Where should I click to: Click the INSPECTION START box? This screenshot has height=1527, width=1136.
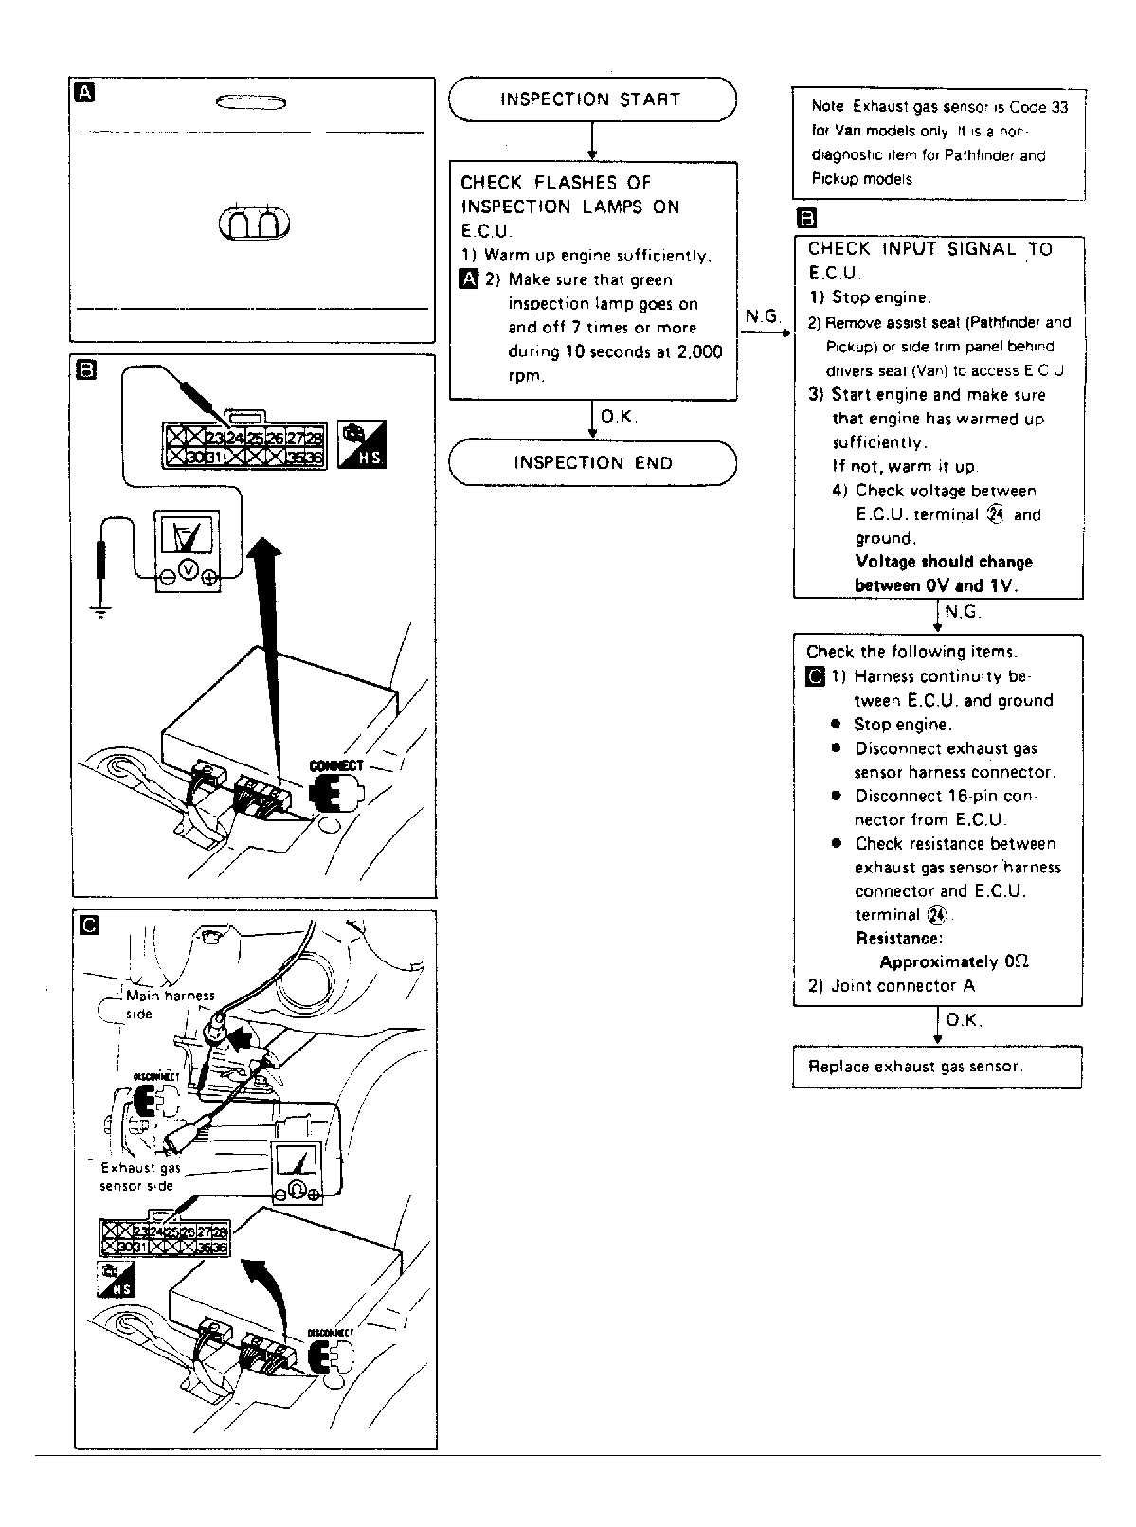(x=591, y=99)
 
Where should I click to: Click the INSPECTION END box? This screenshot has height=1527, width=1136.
(x=592, y=463)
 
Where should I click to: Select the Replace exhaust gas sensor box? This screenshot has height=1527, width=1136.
(x=936, y=1067)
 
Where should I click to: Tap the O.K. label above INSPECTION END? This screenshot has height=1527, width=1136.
(x=620, y=417)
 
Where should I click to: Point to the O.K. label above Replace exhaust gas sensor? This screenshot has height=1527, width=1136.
(x=964, y=1020)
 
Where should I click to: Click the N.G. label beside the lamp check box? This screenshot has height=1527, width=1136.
(x=763, y=316)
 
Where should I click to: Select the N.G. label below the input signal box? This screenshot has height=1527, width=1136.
(x=963, y=612)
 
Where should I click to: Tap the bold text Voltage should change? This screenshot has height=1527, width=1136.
(x=943, y=562)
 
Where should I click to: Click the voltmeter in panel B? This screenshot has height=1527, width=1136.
(x=188, y=550)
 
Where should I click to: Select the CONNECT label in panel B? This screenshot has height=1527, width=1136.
(x=336, y=765)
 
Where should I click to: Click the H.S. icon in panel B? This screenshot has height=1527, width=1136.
(x=362, y=444)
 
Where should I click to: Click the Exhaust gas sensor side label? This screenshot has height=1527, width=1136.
(x=140, y=1177)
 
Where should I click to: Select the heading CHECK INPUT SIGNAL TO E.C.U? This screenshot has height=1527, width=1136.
(x=929, y=260)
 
